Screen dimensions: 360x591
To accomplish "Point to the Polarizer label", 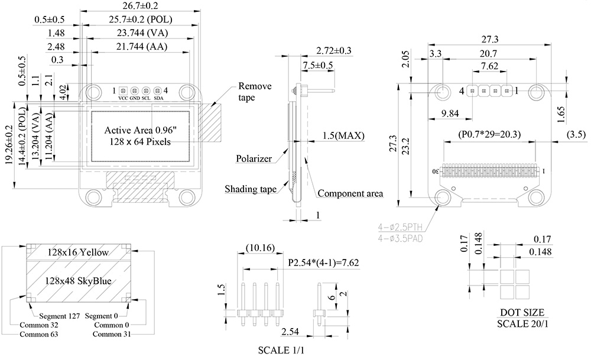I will click(254, 160).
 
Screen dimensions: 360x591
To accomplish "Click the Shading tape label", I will click(250, 189).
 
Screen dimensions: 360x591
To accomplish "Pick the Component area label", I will click(350, 193).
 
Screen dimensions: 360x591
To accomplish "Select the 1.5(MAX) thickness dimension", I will click(343, 136).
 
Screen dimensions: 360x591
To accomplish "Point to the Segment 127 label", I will click(60, 316).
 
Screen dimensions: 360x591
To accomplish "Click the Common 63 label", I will click(40, 335).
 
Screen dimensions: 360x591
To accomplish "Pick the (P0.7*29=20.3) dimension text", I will click(489, 134).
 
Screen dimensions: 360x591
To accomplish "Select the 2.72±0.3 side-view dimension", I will click(334, 51).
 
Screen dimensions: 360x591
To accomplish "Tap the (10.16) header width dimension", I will click(258, 248).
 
